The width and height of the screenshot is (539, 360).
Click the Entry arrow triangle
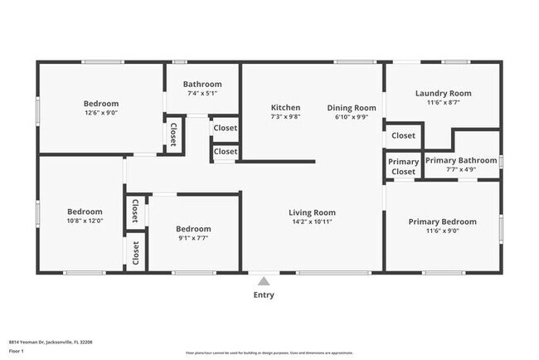(264, 280)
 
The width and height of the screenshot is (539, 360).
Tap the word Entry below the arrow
(264, 294)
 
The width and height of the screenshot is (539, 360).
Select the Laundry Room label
(443, 94)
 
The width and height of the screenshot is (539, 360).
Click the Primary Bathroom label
(461, 160)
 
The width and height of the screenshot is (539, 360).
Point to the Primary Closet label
(404, 167)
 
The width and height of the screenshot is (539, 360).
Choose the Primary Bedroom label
(442, 221)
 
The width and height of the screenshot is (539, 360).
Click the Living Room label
(312, 212)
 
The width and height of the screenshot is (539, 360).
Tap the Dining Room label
(351, 108)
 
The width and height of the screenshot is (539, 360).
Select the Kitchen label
(285, 108)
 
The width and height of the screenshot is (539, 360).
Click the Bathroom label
(202, 84)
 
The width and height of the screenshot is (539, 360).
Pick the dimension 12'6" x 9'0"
(100, 112)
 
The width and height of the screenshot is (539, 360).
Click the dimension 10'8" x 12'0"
(85, 221)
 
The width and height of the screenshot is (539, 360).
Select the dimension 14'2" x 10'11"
(312, 221)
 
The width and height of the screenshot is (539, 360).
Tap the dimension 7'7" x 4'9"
(461, 169)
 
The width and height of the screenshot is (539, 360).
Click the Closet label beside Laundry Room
(403, 135)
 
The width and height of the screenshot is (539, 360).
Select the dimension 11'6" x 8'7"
(443, 103)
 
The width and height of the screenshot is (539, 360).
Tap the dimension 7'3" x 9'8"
(285, 117)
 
